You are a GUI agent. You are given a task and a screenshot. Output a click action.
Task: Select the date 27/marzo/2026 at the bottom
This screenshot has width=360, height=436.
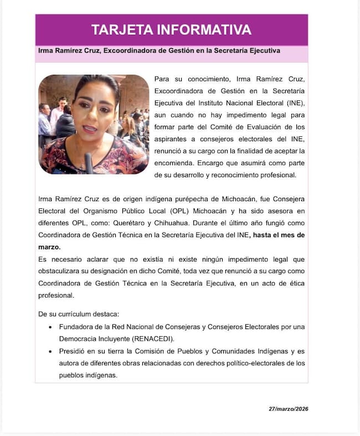click(288, 409)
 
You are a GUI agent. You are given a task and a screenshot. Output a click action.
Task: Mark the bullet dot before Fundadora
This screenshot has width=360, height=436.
click(51, 327)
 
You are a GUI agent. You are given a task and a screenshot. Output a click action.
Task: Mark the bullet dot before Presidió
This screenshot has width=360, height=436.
click(51, 351)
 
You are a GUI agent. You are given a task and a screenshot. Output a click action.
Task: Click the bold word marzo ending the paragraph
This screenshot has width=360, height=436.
click(49, 247)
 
